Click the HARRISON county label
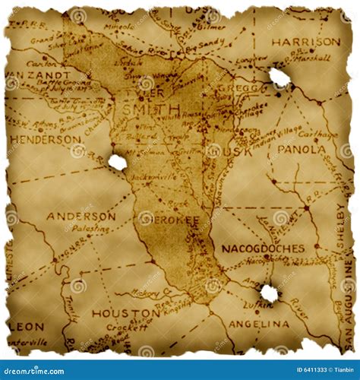(x=306, y=41)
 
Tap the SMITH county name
(x=150, y=109)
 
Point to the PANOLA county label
(x=301, y=150)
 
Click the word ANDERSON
(x=81, y=216)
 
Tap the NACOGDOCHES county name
(x=263, y=249)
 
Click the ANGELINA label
(x=258, y=324)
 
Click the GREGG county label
(x=232, y=88)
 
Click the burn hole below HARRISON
(x=279, y=77)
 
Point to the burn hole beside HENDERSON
(x=118, y=162)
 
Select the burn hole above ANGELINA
(x=269, y=293)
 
